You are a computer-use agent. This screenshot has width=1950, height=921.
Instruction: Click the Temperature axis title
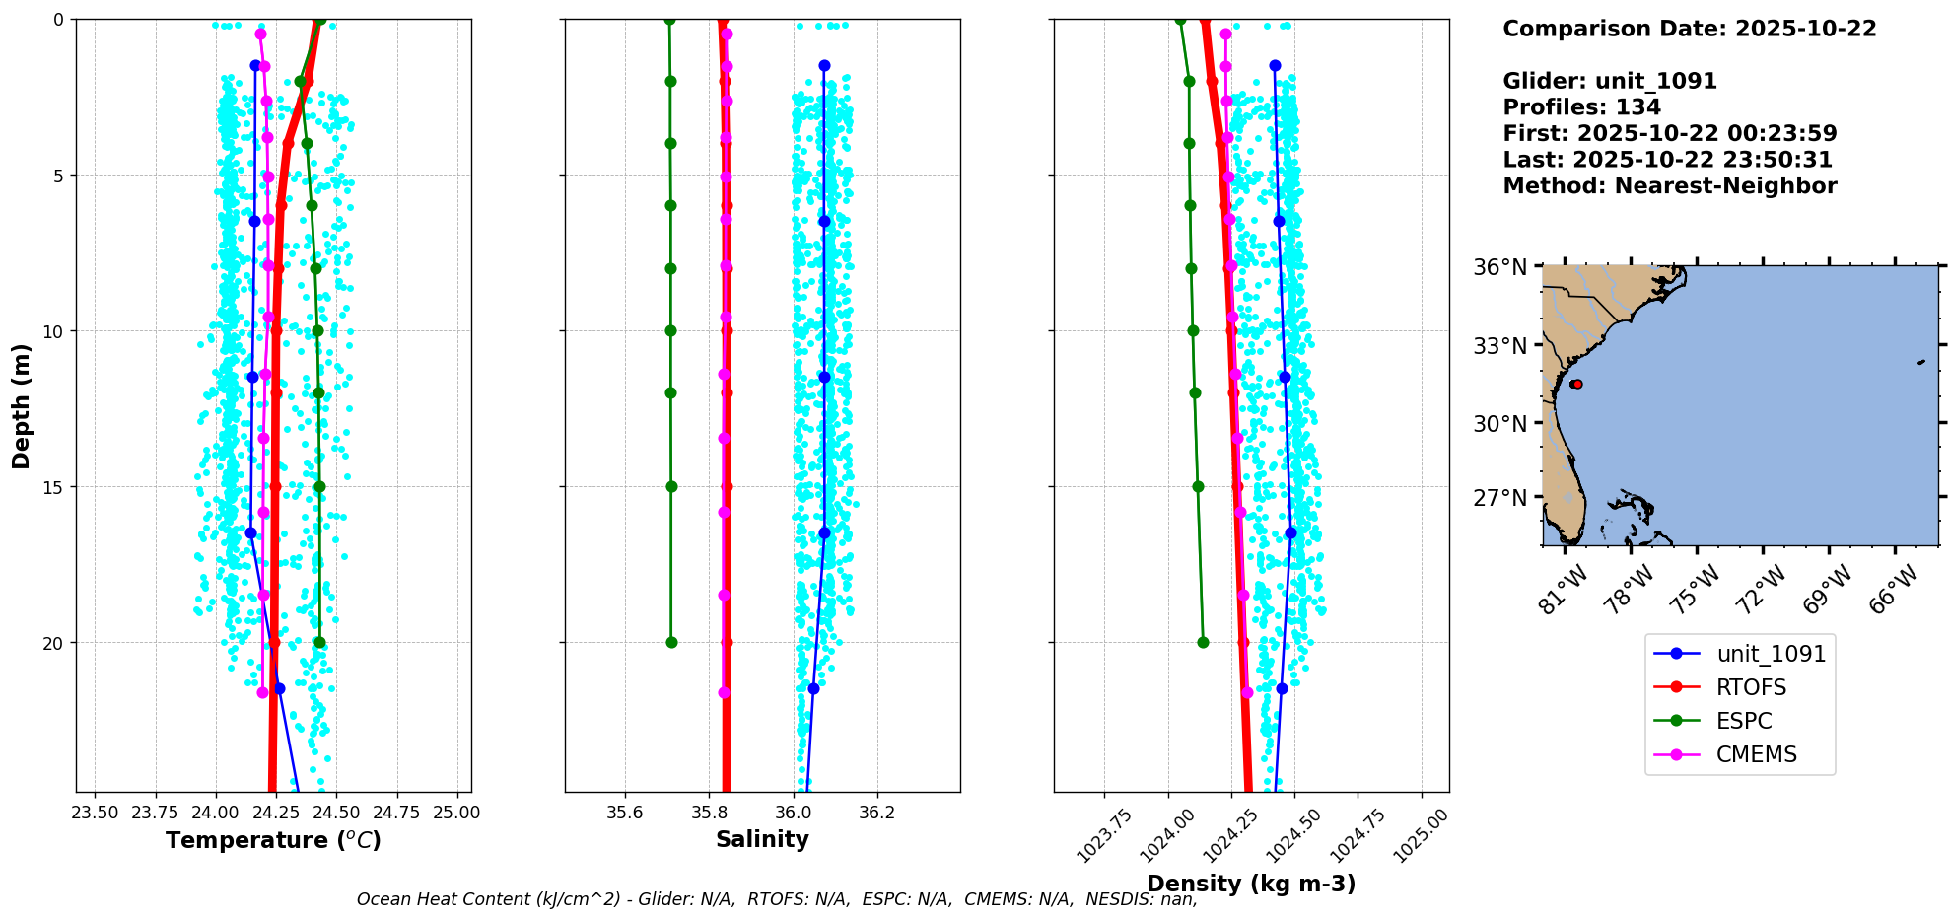coord(273,840)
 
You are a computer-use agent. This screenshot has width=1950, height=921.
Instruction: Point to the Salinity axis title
coord(762,839)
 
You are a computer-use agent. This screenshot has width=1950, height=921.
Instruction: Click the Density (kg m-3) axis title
coord(1251,884)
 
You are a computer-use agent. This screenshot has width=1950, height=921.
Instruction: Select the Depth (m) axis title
coord(21,406)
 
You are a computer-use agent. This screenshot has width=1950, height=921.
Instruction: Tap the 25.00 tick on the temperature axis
coord(457,814)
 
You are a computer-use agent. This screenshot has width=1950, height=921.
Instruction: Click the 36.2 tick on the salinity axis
coord(877,814)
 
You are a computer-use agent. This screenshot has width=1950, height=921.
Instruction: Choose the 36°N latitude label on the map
coord(1499,268)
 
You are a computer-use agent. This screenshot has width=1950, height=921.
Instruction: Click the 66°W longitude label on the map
coord(1895,589)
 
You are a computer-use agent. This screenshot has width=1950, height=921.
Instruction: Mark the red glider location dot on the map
coord(1576,384)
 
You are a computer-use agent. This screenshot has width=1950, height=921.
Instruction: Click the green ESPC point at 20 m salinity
coord(671,642)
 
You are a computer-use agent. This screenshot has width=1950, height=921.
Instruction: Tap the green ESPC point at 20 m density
coord(1203,642)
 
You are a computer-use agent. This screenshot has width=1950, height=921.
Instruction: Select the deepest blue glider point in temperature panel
coord(279,688)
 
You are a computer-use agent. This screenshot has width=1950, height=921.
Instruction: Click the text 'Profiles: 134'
coord(1581,107)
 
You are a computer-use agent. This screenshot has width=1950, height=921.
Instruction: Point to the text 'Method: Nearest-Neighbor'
coord(1669,186)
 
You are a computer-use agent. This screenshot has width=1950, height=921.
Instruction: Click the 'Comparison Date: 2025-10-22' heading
coord(1689,29)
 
